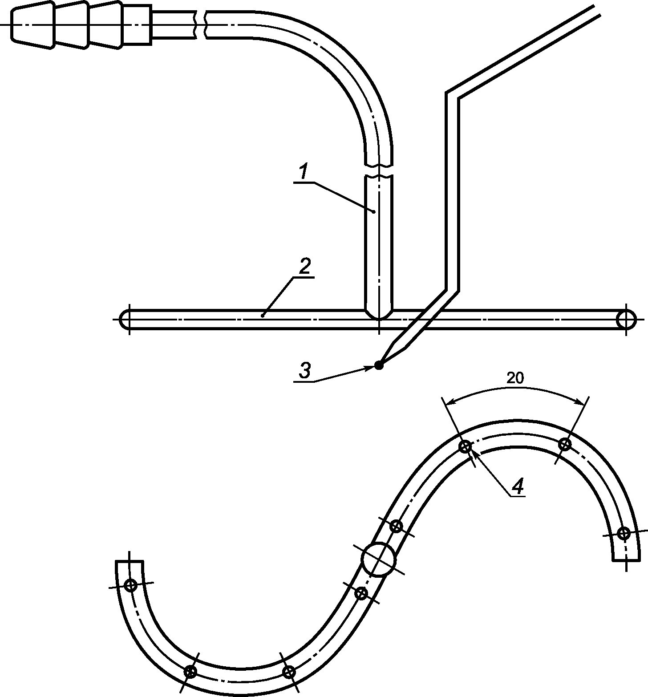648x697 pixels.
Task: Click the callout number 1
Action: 304,172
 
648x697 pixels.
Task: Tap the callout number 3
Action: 304,371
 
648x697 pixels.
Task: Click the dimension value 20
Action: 515,378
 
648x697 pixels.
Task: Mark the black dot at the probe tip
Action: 379,365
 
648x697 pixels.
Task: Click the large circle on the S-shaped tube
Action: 379,559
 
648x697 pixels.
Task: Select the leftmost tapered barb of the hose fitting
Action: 32,24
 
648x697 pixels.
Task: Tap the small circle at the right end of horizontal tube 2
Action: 626,319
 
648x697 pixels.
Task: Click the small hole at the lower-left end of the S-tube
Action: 130,585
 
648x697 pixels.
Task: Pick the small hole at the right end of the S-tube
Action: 624,533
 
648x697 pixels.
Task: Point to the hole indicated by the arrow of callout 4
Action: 465,446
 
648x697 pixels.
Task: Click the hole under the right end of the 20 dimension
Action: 565,444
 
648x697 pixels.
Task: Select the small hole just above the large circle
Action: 396,527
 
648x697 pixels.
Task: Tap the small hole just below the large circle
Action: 362,593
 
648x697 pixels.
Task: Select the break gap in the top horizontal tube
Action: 201,24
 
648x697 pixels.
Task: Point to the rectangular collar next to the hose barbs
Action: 137,24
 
